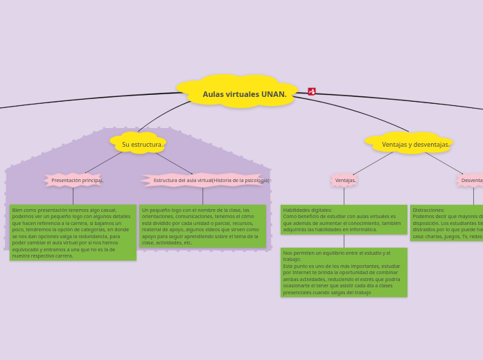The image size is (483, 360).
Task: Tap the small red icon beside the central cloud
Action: click(312, 91)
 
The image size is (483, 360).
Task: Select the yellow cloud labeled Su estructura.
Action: click(141, 144)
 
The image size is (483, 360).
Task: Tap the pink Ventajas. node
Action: click(344, 180)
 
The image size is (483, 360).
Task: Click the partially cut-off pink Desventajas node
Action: click(471, 180)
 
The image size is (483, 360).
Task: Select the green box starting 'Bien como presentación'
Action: click(73, 233)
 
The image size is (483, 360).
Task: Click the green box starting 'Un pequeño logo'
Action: click(202, 226)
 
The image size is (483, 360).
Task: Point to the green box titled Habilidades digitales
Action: click(344, 219)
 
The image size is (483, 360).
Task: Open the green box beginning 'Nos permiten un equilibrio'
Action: click(344, 272)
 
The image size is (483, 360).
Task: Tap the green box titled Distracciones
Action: click(447, 223)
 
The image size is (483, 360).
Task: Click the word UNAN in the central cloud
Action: click(274, 94)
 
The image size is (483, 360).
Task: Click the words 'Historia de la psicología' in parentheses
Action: click(240, 180)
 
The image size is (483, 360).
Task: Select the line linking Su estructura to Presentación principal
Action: click(104, 162)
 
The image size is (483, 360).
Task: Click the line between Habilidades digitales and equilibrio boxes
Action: click(344, 241)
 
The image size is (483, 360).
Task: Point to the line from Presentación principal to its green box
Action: click(73, 196)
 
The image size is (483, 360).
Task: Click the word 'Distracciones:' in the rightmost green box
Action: click(429, 210)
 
